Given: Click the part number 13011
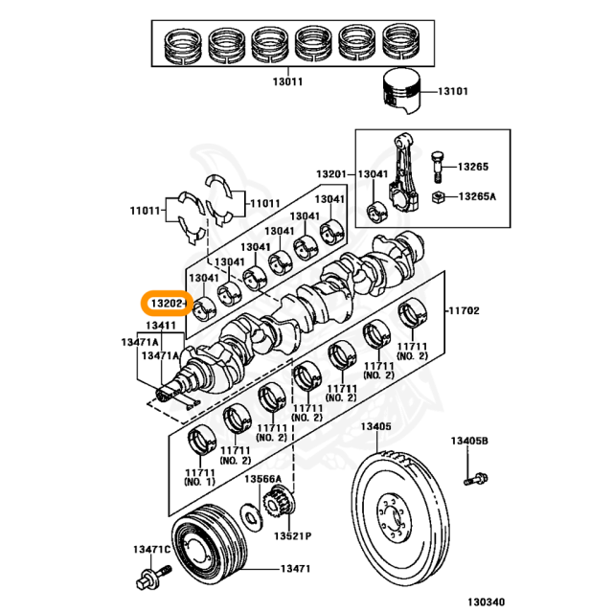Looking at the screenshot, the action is (x=287, y=81).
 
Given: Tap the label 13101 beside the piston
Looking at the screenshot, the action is (x=453, y=92).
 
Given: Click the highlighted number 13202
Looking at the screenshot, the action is (x=167, y=303).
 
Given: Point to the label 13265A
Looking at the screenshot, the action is (x=477, y=196).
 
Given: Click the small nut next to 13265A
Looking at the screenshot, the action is (x=439, y=197).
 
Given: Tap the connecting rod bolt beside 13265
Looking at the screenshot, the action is (x=438, y=167).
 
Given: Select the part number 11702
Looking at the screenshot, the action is (x=464, y=310).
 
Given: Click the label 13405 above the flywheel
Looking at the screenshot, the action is (x=375, y=426).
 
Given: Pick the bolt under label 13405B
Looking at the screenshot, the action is (x=475, y=479).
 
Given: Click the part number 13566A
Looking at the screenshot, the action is (x=262, y=479).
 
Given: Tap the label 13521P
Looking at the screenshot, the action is (x=293, y=536).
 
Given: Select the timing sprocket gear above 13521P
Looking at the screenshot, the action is (x=279, y=502).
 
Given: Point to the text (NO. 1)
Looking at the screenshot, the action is (x=199, y=482).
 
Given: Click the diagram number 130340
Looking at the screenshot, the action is (x=487, y=602).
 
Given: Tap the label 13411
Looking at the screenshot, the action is (x=161, y=326).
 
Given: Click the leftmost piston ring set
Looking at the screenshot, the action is (x=183, y=45).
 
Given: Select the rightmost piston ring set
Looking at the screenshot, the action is (x=402, y=42).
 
